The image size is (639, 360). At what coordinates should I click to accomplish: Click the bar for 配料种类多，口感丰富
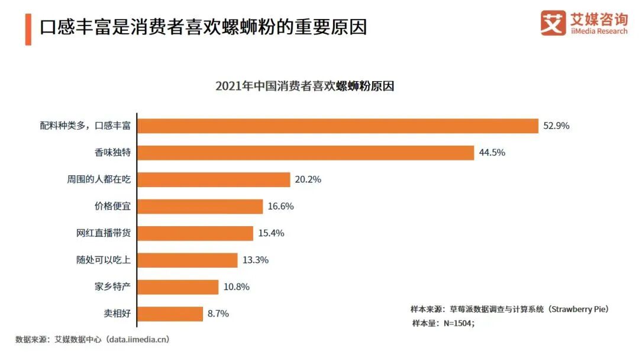338,126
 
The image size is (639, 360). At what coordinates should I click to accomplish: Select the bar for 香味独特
305,153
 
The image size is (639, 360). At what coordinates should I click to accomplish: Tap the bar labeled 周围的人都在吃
214,179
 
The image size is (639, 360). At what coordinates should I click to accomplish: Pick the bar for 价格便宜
200,206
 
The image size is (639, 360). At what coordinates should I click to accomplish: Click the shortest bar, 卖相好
170,314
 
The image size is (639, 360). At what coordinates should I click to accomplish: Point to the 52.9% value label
556,126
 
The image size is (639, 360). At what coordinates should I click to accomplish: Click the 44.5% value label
492,153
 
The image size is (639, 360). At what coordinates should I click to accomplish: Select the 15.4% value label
271,233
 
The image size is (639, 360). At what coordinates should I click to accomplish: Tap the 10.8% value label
236,287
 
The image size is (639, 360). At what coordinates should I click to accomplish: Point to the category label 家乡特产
112,287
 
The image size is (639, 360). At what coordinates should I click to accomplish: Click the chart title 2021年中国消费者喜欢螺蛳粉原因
305,86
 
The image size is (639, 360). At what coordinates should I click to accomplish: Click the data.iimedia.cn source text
136,340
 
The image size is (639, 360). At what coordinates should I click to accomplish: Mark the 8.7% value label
218,314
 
